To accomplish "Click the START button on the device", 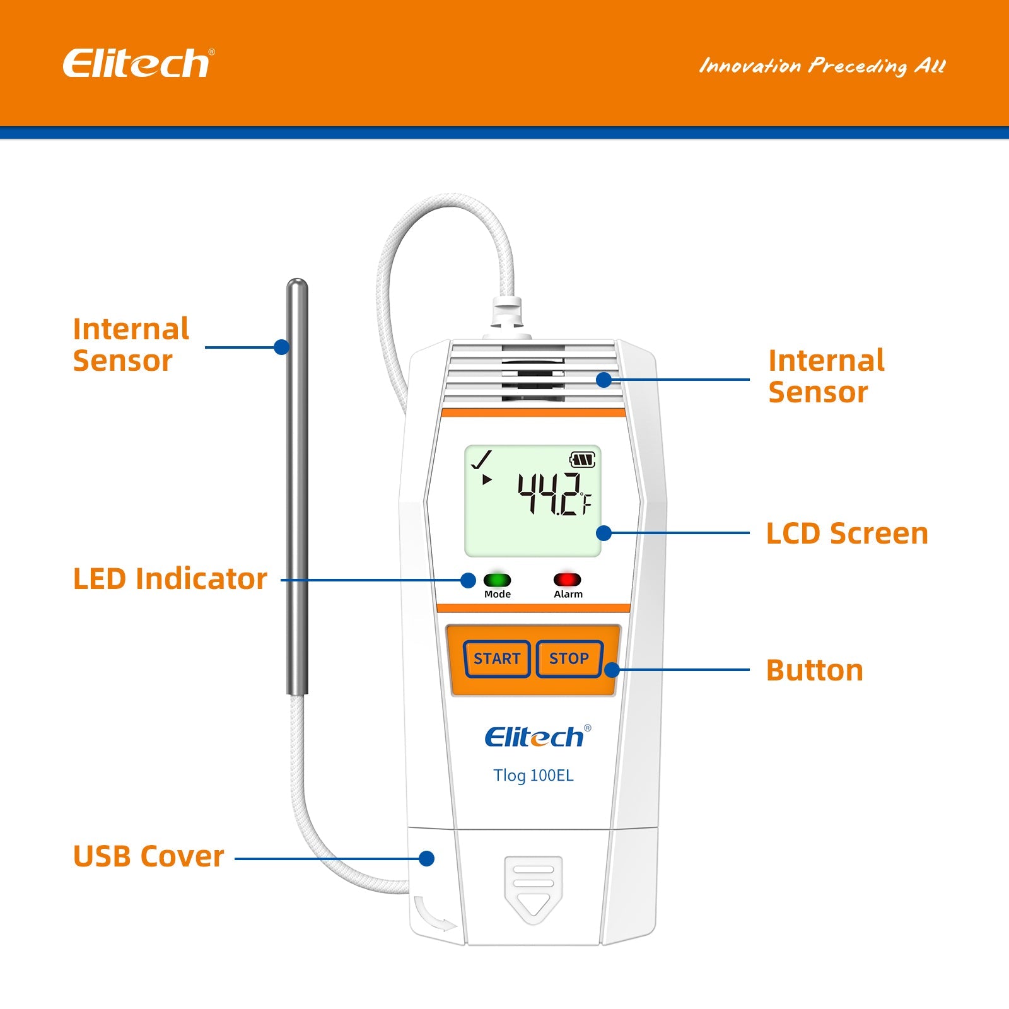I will click(x=497, y=659).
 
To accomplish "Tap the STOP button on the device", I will click(x=569, y=659).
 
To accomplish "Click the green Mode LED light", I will click(x=498, y=580).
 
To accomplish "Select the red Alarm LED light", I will click(x=567, y=580).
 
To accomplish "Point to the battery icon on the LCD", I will click(x=582, y=460).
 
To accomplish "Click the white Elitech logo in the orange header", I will click(x=138, y=64).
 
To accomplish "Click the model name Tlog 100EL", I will click(x=534, y=775).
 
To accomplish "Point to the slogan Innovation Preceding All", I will click(x=822, y=66).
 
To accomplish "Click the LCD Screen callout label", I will click(x=847, y=534).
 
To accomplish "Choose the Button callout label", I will click(x=814, y=670).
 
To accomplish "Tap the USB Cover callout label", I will click(x=149, y=856).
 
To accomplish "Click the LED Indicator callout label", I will click(x=170, y=579).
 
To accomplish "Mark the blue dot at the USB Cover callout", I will click(x=427, y=858).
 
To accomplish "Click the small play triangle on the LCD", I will click(x=486, y=480).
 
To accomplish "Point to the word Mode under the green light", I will click(x=498, y=594).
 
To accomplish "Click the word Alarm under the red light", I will click(x=568, y=594).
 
